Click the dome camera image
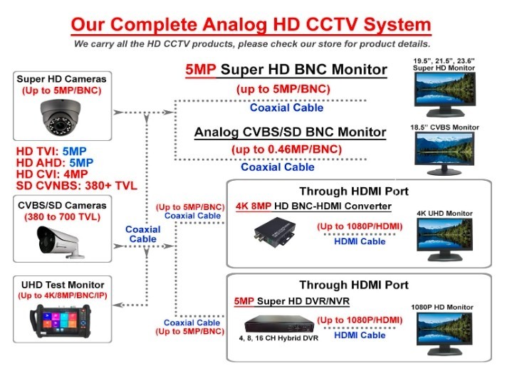[61, 117]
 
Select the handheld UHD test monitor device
[60, 321]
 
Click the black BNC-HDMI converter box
[275, 232]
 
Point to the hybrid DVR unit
[279, 324]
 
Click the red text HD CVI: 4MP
[52, 174]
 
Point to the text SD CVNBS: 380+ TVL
[77, 186]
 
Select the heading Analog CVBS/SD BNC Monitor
[290, 132]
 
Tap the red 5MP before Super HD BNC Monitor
[201, 70]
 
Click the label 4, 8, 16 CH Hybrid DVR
[278, 338]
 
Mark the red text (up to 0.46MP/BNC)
[286, 149]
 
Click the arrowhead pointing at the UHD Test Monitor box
[118, 305]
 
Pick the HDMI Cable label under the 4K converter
[360, 241]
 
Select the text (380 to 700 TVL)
[63, 217]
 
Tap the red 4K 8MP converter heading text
[254, 206]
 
